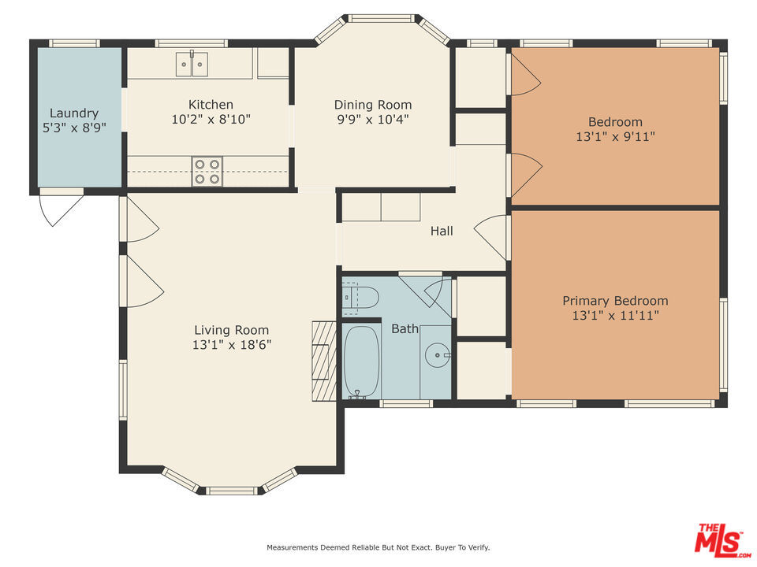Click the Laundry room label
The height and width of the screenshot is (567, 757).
pyautogui.click(x=74, y=113)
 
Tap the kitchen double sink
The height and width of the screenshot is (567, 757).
pyautogui.click(x=192, y=64)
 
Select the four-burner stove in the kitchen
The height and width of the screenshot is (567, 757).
pyautogui.click(x=207, y=172)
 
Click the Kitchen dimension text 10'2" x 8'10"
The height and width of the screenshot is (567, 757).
pyautogui.click(x=211, y=119)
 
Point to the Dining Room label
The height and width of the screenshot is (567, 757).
pyautogui.click(x=373, y=105)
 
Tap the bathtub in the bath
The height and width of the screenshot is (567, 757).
pyautogui.click(x=362, y=361)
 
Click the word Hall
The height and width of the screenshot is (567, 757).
pyautogui.click(x=442, y=231)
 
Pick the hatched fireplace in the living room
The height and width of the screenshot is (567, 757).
pyautogui.click(x=324, y=361)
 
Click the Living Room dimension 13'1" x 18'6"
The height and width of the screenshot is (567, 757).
pyautogui.click(x=232, y=345)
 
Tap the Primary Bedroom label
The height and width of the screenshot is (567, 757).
pyautogui.click(x=616, y=301)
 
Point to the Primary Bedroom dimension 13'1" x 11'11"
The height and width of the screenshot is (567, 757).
pyautogui.click(x=616, y=316)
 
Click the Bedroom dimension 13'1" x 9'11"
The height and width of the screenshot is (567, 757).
pyautogui.click(x=616, y=136)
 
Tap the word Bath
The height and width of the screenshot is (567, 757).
pyautogui.click(x=405, y=329)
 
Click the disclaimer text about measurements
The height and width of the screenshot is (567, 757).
pyautogui.click(x=378, y=547)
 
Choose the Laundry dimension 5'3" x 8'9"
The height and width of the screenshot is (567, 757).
pyautogui.click(x=74, y=128)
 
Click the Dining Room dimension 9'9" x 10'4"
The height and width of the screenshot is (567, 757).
pyautogui.click(x=373, y=119)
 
